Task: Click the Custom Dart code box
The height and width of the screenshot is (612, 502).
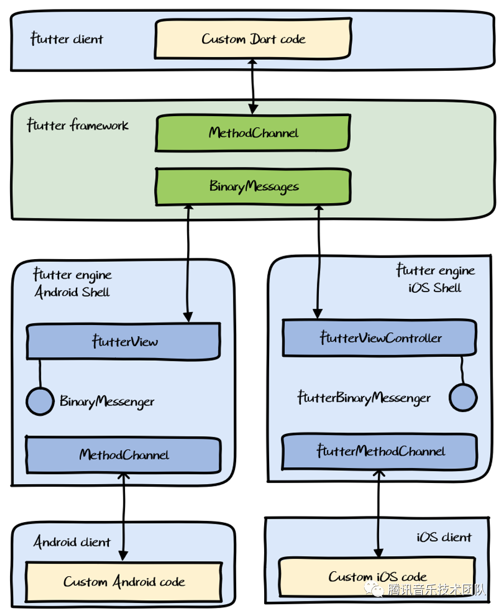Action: click(x=253, y=39)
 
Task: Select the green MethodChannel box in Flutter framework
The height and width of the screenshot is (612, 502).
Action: click(x=253, y=133)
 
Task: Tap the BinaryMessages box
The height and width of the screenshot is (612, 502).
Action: click(x=253, y=187)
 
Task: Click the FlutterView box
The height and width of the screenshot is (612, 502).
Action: click(x=123, y=341)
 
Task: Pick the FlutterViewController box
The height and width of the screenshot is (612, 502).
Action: click(x=380, y=338)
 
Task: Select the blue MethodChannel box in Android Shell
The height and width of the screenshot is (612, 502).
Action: click(x=123, y=455)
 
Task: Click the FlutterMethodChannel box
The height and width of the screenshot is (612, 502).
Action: click(x=380, y=451)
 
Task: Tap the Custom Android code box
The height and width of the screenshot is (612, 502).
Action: click(x=123, y=581)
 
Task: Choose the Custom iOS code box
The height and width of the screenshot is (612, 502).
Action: click(x=377, y=577)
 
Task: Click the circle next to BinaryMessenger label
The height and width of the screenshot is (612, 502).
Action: click(x=40, y=401)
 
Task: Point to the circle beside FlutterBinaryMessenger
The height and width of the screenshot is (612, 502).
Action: click(x=463, y=398)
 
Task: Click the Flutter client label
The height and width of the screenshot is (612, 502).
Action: click(x=66, y=40)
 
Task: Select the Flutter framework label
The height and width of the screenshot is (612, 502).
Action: click(x=78, y=125)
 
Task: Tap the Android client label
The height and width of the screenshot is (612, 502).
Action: click(x=72, y=542)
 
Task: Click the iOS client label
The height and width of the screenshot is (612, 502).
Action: click(x=444, y=537)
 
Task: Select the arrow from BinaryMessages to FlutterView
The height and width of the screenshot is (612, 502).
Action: click(x=188, y=262)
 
